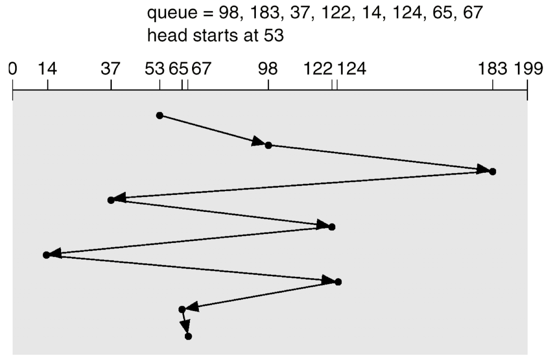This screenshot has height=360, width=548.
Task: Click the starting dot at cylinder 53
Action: click(x=159, y=115)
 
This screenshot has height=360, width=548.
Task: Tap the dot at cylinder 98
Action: click(x=268, y=145)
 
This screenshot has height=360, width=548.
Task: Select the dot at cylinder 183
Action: click(x=492, y=171)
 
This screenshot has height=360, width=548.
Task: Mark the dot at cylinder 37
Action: click(x=111, y=200)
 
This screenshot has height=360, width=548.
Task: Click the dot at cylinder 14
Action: click(x=46, y=255)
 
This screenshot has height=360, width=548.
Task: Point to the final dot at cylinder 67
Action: click(x=188, y=336)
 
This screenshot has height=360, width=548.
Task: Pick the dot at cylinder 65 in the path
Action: click(x=182, y=309)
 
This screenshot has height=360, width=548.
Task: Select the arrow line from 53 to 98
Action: click(x=211, y=130)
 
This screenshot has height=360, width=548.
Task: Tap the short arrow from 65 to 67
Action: click(x=185, y=323)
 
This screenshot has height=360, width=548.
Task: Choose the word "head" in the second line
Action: click(x=165, y=35)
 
